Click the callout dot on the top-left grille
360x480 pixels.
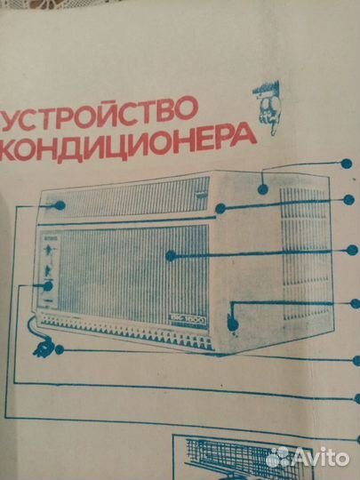click(x=59, y=204)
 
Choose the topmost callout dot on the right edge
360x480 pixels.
click(x=345, y=163)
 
